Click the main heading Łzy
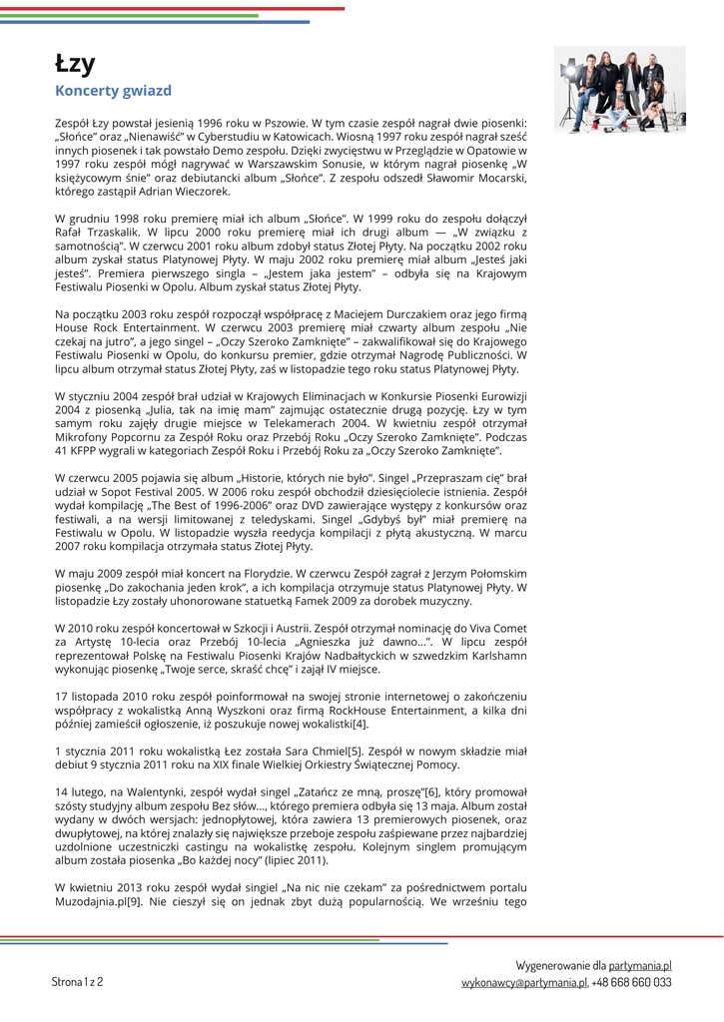(x=75, y=64)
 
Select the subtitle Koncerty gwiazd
(x=113, y=91)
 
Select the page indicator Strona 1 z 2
(x=77, y=981)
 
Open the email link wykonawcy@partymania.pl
(x=523, y=982)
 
